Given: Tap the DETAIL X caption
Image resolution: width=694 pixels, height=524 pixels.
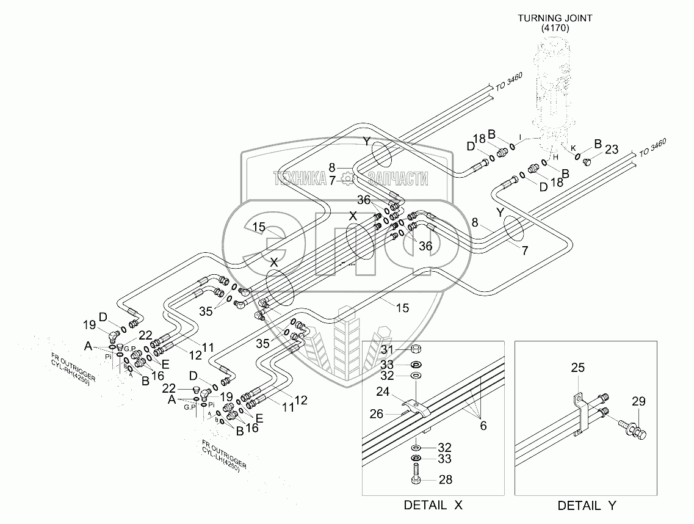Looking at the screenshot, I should tap(433, 505).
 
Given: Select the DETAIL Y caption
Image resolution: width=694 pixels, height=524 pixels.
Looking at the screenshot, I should tap(586, 506).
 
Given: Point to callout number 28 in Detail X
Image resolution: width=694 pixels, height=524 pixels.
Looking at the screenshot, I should tap(446, 480).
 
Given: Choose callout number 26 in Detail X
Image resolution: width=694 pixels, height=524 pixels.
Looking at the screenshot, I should tap(377, 414).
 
